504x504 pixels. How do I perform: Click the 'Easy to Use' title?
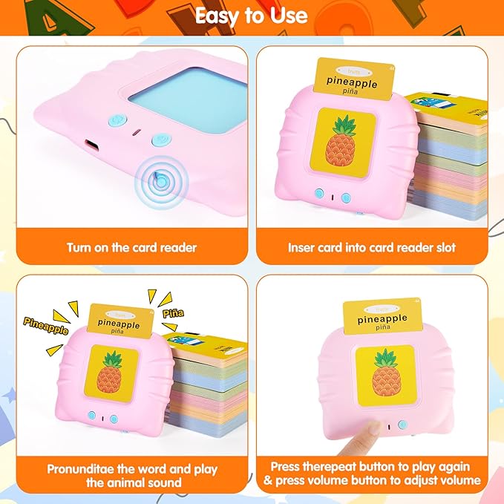click(x=252, y=16)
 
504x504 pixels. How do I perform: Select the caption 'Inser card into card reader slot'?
click(x=372, y=247)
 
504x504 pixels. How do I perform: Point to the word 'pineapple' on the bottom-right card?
click(x=382, y=319)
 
